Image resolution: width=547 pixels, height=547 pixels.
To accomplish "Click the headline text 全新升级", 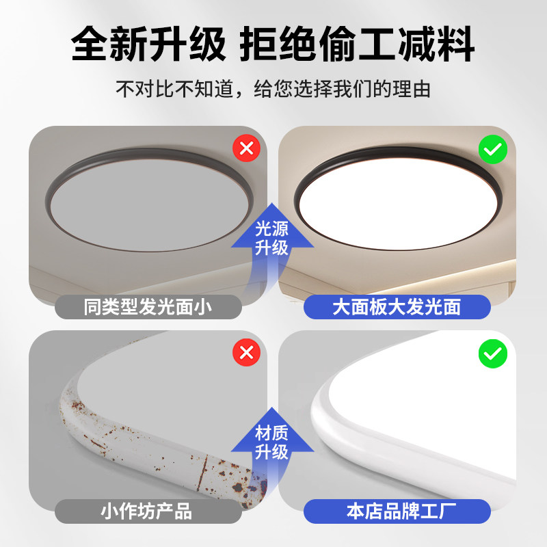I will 148,44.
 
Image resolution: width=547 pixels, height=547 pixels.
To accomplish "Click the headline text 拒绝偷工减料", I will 357,44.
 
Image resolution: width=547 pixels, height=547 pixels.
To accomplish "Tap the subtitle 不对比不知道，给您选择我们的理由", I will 273,89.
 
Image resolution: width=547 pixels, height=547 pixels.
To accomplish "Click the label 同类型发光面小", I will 148,307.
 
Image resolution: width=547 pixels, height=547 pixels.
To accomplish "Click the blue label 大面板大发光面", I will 397,307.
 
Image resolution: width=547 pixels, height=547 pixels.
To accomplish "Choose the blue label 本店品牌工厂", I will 397,511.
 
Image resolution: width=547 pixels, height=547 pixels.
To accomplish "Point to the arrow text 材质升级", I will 271,442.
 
